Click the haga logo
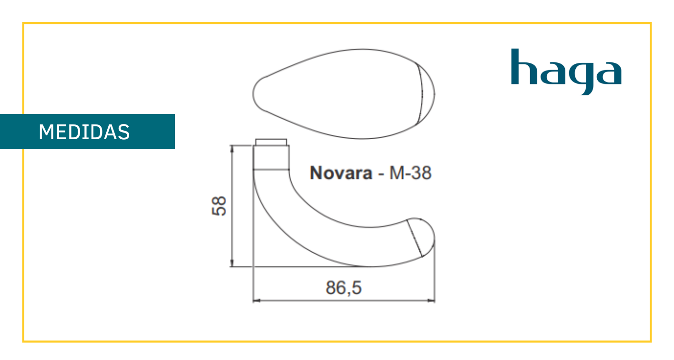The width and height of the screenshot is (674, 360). (x=566, y=72)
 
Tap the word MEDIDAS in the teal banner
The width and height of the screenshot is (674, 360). (x=84, y=132)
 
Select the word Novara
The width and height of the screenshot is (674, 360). (x=341, y=173)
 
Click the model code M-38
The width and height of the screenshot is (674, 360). (x=410, y=173)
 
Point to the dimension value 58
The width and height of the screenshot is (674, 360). (x=219, y=206)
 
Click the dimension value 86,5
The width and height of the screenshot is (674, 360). (x=344, y=288)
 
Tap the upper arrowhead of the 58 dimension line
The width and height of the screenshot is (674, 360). (x=232, y=149)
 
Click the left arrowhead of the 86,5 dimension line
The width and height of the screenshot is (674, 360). (x=256, y=300)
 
